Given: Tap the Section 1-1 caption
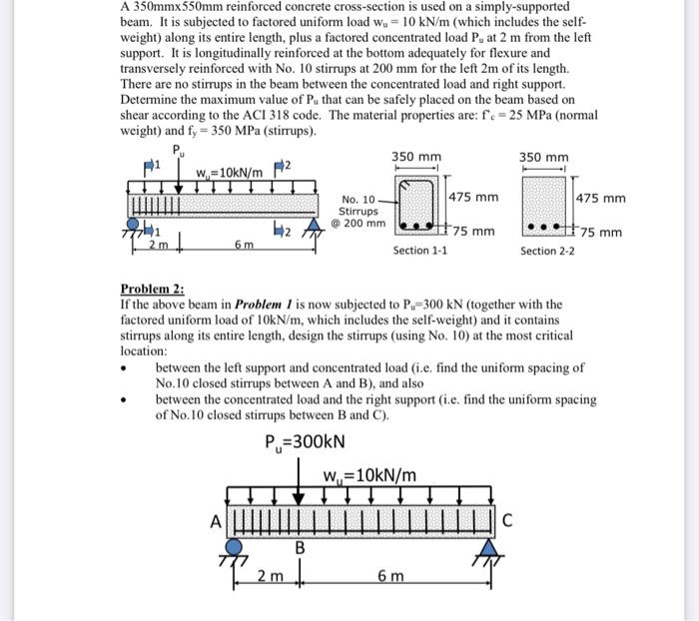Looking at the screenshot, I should click(x=419, y=251).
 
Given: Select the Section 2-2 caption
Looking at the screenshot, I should click(x=547, y=251).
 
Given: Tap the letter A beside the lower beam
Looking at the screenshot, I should click(x=213, y=518).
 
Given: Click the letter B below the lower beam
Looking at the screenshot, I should click(x=297, y=547).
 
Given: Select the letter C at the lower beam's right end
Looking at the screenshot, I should click(x=506, y=518).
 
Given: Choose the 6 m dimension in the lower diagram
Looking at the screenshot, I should click(x=390, y=576).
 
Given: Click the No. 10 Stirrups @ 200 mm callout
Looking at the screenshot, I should click(x=358, y=211).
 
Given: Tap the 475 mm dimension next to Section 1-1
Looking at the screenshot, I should click(x=474, y=197).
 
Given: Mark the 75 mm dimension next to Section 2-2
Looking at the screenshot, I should click(x=602, y=233).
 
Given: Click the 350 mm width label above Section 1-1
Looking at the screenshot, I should click(x=416, y=157).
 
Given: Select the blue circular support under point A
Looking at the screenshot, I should click(x=236, y=546).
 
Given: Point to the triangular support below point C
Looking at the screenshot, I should click(x=488, y=548).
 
